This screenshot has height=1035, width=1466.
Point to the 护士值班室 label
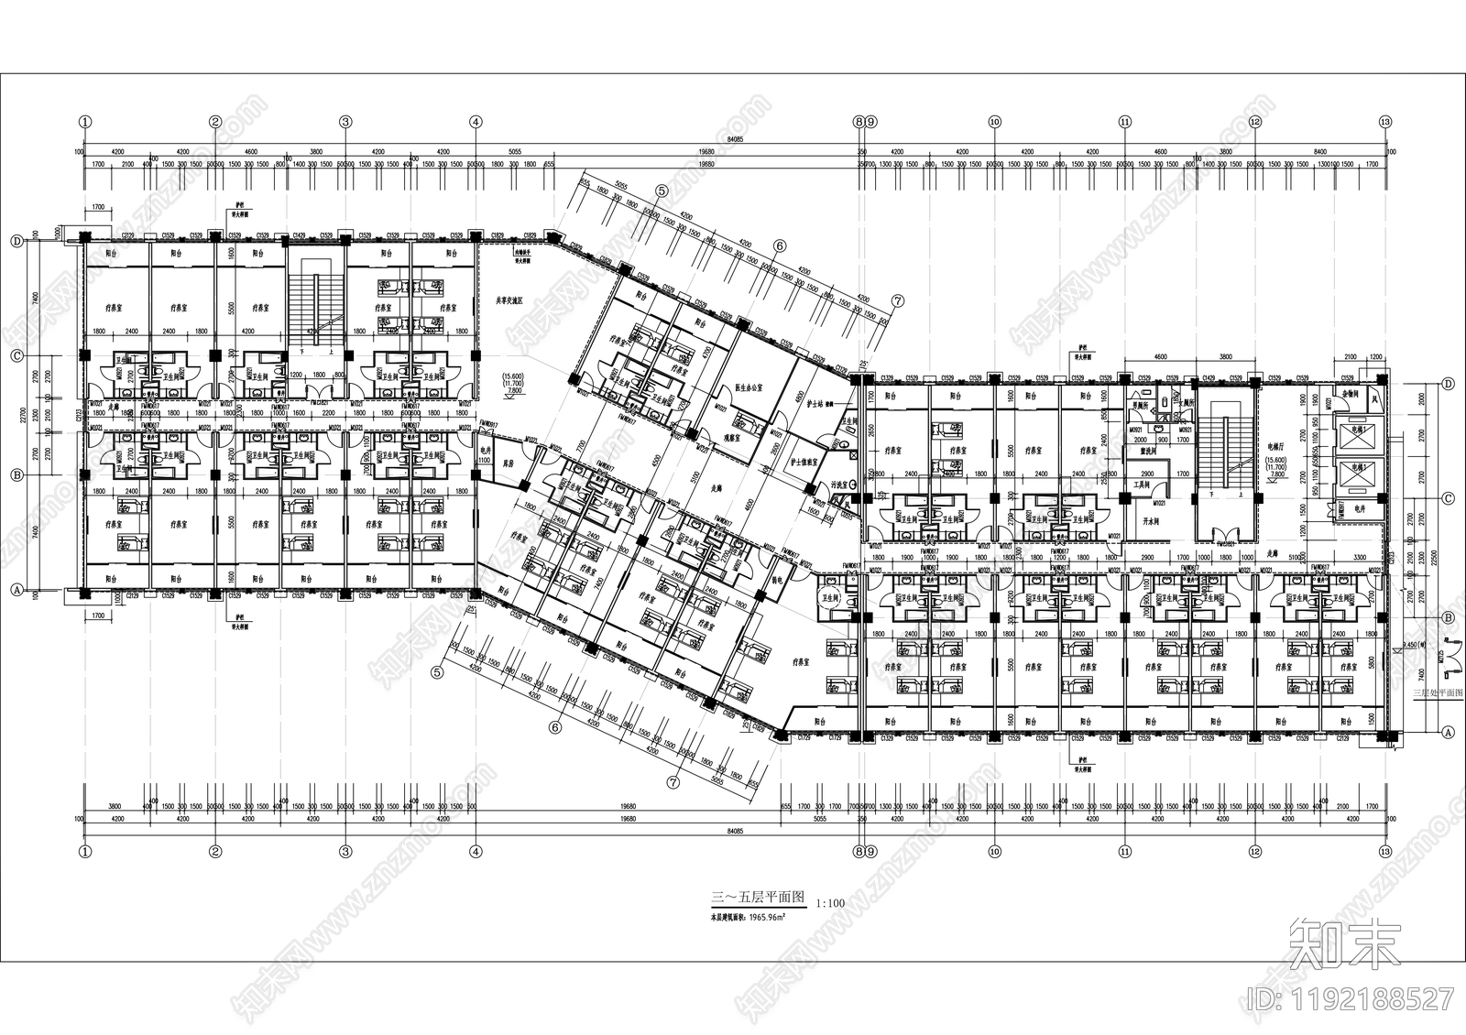pos(804,463)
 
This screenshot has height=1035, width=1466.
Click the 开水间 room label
pos(1141,519)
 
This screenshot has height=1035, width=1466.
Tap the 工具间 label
pos(1142,484)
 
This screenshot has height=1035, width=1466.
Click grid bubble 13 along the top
pos(1384,121)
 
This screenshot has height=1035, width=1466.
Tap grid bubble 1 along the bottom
pos(85,851)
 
